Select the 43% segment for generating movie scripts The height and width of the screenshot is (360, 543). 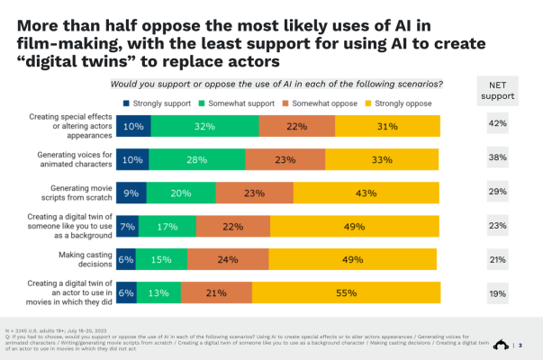point(365,193)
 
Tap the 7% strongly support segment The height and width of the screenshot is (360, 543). point(127,226)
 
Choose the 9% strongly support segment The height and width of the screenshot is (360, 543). point(131,193)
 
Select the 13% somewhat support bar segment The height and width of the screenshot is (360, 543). point(158,292)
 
